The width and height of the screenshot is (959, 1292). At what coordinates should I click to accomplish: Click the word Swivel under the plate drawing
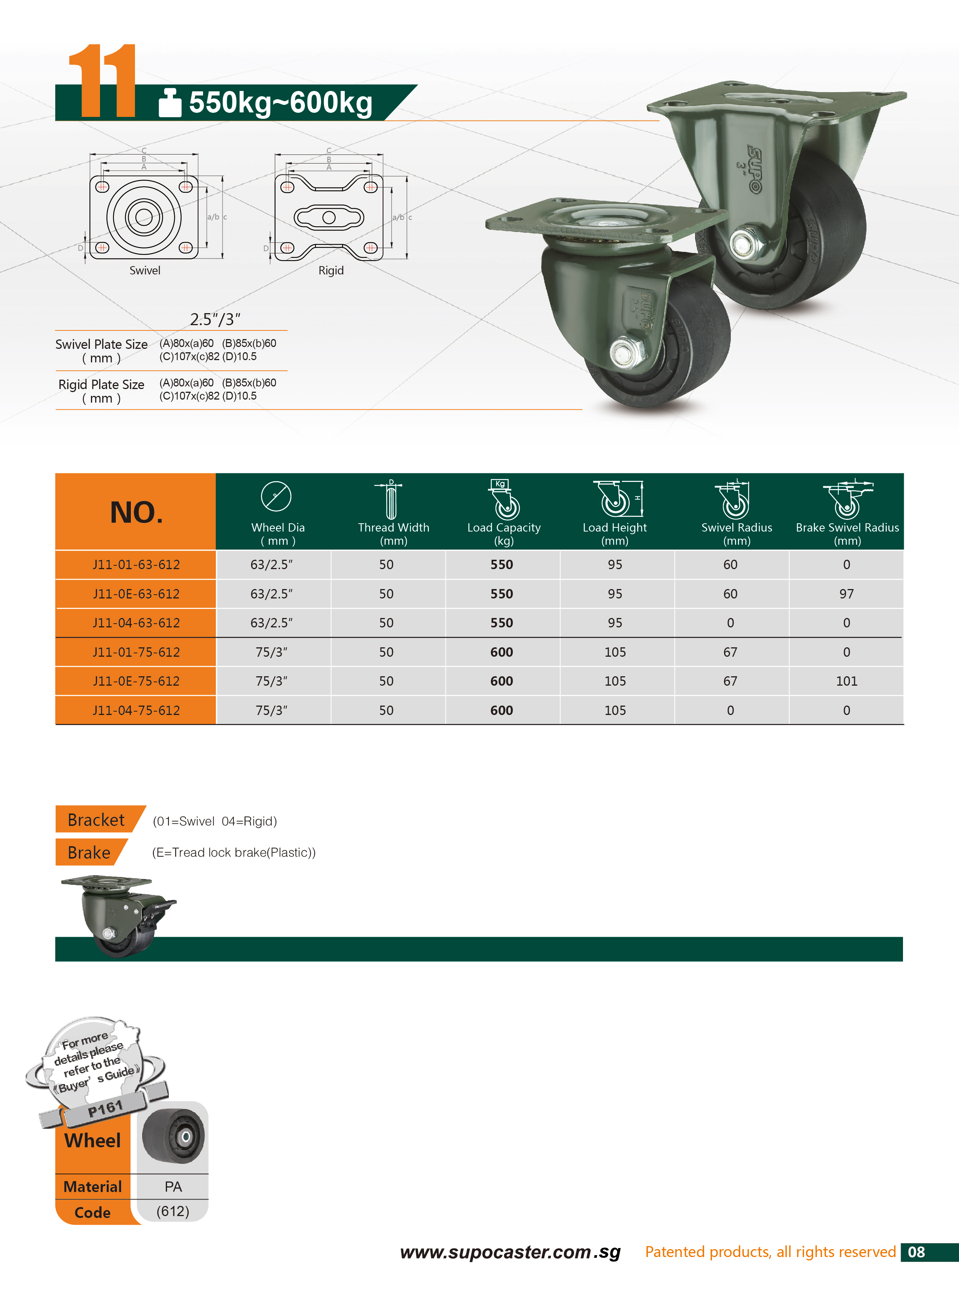[x=145, y=271]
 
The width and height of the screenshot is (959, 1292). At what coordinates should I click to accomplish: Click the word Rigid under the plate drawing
[x=331, y=271]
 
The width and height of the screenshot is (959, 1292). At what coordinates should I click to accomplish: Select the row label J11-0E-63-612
[x=136, y=594]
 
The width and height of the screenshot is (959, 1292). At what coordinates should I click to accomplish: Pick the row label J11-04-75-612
[x=136, y=710]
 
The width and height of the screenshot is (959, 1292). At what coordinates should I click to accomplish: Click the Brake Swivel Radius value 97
[x=846, y=594]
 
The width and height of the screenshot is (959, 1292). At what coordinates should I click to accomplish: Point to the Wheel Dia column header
[x=277, y=534]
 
